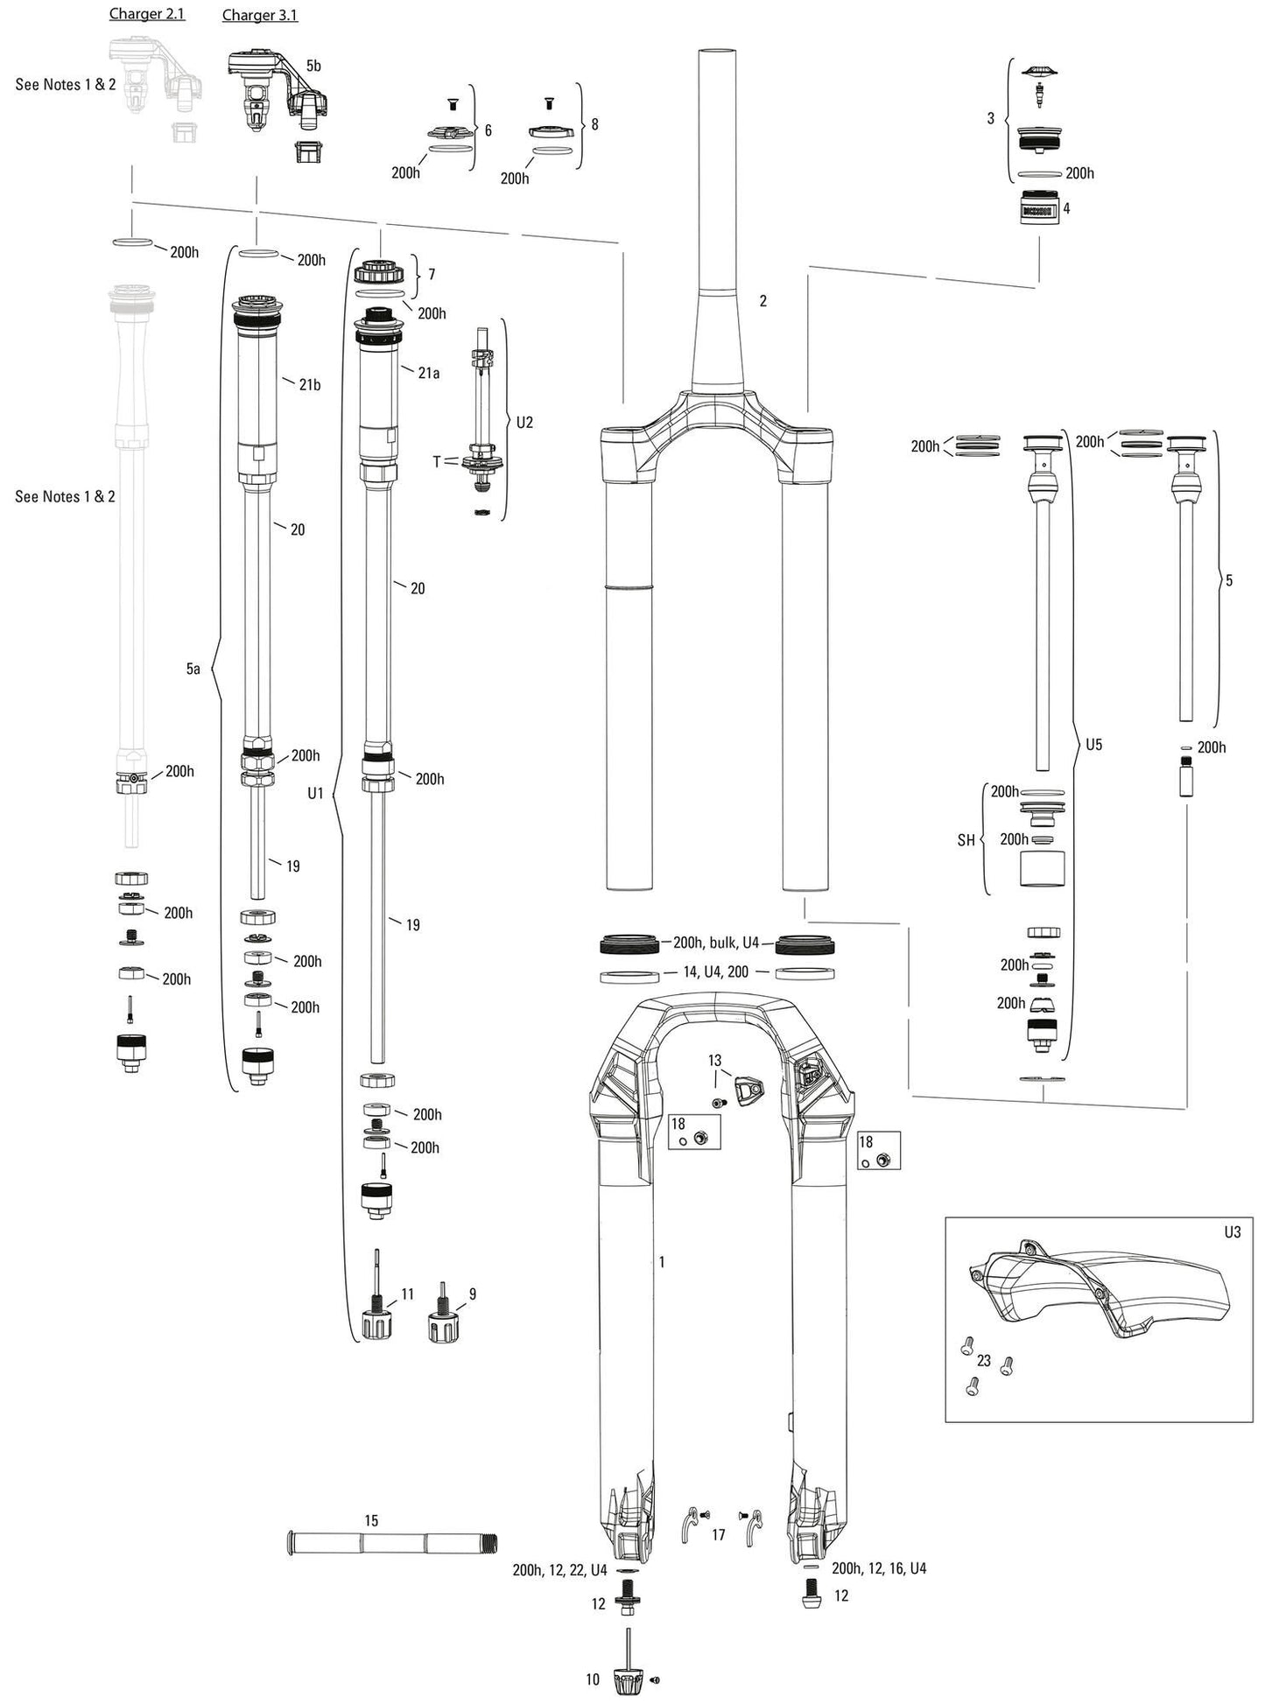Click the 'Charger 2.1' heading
147,14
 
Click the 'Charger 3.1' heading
260,15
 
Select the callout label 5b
313,66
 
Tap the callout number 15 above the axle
371,1521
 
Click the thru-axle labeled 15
390,1543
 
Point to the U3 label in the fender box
1233,1231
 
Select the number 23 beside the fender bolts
984,1361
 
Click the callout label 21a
428,373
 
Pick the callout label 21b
309,384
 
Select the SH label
966,840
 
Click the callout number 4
1066,208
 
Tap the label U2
524,422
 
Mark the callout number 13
715,1061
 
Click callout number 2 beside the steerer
763,300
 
